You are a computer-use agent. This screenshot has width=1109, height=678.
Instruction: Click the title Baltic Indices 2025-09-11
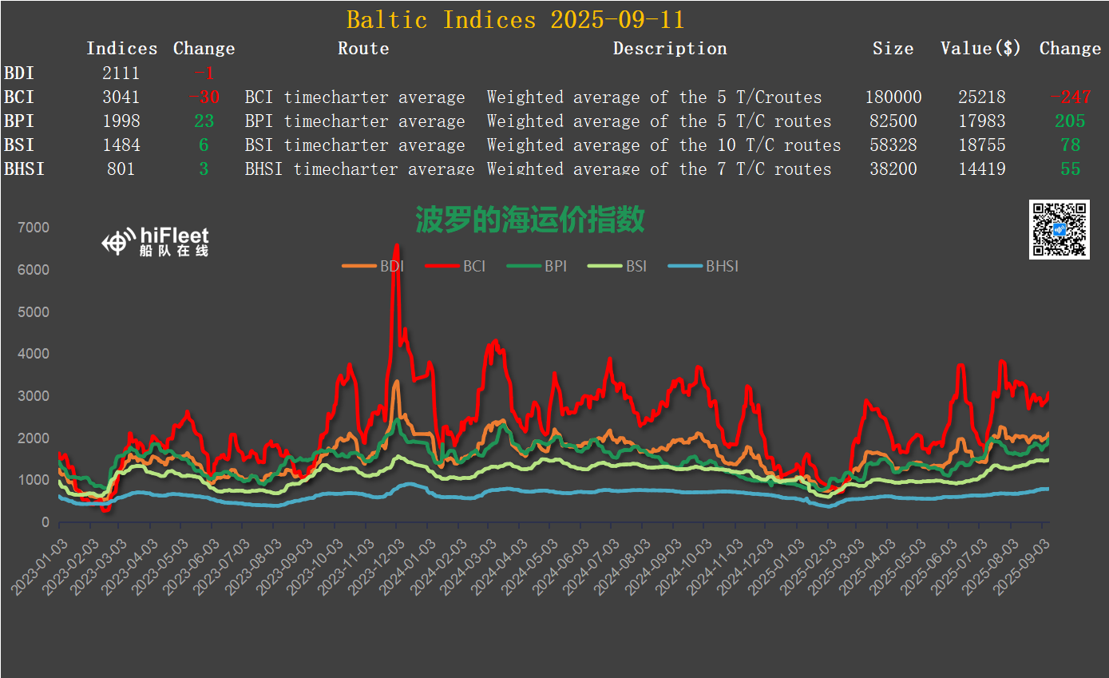pyautogui.click(x=515, y=19)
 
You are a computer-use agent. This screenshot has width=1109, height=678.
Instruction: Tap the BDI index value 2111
pyautogui.click(x=121, y=73)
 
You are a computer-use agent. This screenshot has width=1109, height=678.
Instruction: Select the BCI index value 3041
pyautogui.click(x=121, y=97)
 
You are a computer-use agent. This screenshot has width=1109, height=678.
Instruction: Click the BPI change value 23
pyautogui.click(x=204, y=121)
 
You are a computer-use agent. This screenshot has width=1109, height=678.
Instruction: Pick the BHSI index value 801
pyautogui.click(x=121, y=169)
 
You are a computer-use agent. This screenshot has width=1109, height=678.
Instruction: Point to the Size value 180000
pyautogui.click(x=893, y=97)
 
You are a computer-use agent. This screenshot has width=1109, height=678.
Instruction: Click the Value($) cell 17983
pyautogui.click(x=981, y=121)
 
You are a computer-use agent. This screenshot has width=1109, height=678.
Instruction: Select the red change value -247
pyautogui.click(x=1070, y=97)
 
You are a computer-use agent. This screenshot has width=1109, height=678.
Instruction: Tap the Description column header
pyautogui.click(x=670, y=49)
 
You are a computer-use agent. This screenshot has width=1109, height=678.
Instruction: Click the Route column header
pyautogui.click(x=363, y=49)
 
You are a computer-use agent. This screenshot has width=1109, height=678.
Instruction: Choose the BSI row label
pyautogui.click(x=19, y=145)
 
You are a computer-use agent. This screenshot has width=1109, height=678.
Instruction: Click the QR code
pyautogui.click(x=1059, y=229)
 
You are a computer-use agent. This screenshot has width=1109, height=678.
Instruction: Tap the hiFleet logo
pyautogui.click(x=156, y=241)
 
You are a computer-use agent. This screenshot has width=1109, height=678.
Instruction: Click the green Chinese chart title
pyautogui.click(x=529, y=220)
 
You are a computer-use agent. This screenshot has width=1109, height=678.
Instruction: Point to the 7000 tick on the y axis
pyautogui.click(x=34, y=228)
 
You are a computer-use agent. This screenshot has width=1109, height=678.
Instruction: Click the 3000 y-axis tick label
pyautogui.click(x=34, y=396)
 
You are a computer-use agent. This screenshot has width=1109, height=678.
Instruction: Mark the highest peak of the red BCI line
pyautogui.click(x=397, y=246)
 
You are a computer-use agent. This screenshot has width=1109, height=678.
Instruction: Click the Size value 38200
pyautogui.click(x=893, y=169)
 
